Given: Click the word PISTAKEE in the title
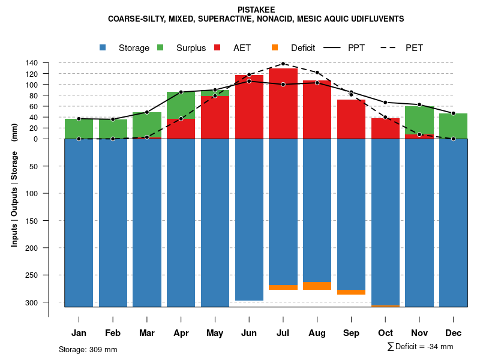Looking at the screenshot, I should [256, 10].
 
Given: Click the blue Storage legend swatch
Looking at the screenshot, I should [103, 47].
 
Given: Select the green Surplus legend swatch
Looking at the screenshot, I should [161, 47].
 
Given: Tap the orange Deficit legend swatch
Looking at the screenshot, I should [275, 47].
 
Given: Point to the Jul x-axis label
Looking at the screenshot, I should [283, 333].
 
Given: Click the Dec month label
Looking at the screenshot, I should [453, 333].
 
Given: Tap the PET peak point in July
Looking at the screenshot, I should [283, 64].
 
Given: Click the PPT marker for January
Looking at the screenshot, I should [79, 119].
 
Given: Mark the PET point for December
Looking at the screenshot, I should [453, 139].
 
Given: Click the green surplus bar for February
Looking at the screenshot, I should [113, 129].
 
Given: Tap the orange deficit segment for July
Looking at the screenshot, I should [283, 287].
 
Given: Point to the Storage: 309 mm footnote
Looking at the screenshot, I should [88, 349].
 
